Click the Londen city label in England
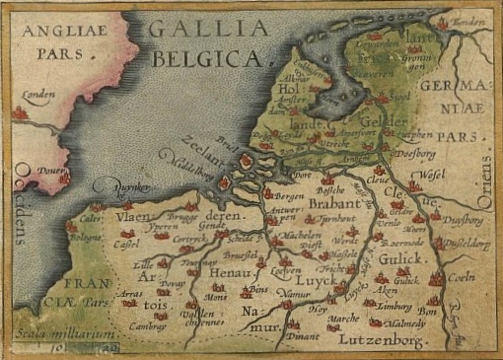click(x=37, y=96)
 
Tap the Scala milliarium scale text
click(x=51, y=336)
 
